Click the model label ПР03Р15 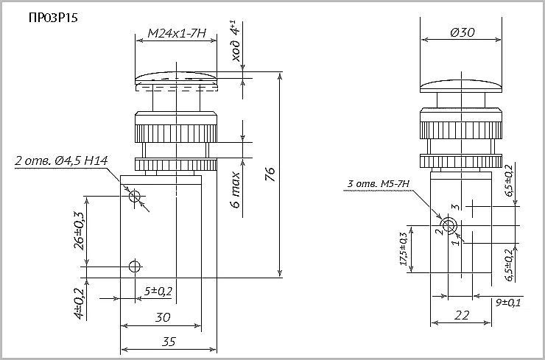53,18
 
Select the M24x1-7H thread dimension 177,33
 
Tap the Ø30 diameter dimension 463,32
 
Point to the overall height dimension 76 270,174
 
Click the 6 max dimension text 236,189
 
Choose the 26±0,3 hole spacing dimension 79,230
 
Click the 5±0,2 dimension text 158,292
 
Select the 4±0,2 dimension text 80,300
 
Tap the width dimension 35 168,342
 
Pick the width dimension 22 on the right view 461,315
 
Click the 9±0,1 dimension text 508,303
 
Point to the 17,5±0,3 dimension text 404,249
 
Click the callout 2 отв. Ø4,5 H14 62,161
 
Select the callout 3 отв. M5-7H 378,184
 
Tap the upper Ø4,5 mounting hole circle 134,197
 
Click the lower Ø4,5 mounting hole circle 134,267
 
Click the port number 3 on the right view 457,207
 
